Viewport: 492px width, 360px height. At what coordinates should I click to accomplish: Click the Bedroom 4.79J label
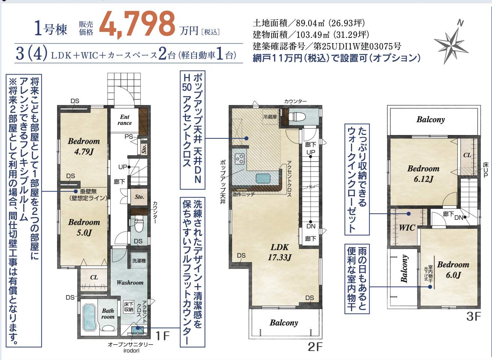84,146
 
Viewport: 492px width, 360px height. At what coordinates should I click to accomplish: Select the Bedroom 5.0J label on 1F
84,227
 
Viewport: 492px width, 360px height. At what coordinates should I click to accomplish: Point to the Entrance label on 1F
125,120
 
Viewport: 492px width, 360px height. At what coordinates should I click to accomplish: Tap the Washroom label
130,282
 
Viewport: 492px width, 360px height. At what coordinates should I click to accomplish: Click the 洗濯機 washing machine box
138,261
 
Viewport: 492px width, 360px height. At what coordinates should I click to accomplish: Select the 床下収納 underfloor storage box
129,307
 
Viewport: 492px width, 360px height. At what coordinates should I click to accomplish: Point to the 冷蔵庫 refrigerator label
270,117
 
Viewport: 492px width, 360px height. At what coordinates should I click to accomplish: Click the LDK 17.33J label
280,252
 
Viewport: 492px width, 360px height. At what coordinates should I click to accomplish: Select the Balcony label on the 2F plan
284,322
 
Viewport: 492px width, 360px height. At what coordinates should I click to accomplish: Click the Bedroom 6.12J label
423,174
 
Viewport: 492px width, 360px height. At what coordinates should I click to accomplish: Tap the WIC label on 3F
406,228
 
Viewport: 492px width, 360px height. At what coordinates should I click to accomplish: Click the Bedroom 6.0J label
453,269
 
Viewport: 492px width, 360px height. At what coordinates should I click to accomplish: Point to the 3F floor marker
473,316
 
